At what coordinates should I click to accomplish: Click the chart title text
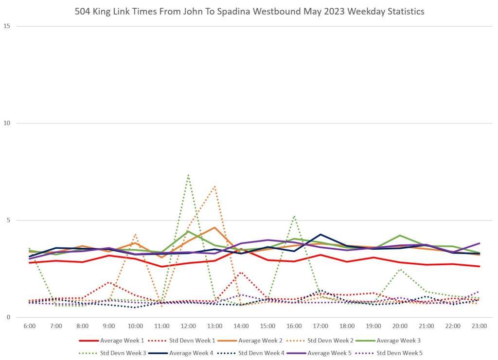point(249,11)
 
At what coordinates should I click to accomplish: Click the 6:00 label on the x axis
point(30,326)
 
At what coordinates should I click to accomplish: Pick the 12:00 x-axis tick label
point(188,326)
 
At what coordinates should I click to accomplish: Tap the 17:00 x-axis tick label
point(320,326)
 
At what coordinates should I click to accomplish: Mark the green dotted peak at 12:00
point(188,175)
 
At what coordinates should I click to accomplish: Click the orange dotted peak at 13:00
point(214,186)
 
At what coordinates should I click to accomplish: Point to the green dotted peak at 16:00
point(294,216)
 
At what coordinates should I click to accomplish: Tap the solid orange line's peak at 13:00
point(214,227)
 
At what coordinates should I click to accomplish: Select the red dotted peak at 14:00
point(241,273)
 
